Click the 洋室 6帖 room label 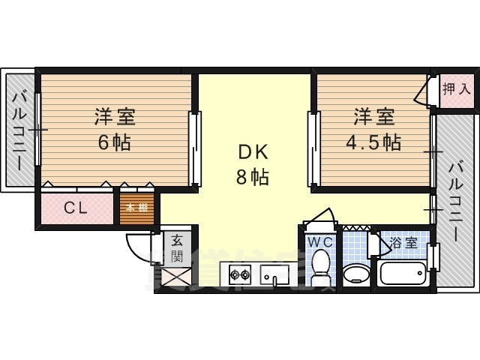(x=114, y=129)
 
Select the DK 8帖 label (x=253, y=164)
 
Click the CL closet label (x=75, y=208)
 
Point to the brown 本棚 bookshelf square (x=136, y=208)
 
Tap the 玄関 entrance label (x=177, y=248)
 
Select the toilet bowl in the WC (x=321, y=268)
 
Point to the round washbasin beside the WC (x=355, y=273)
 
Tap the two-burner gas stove (x=239, y=275)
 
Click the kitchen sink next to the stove (x=274, y=275)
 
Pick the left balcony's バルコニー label (x=20, y=129)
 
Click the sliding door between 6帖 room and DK (x=195, y=148)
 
